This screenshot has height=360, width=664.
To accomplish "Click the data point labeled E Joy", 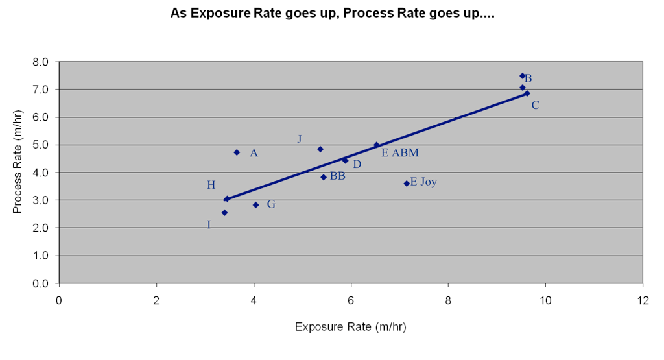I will click(x=407, y=184).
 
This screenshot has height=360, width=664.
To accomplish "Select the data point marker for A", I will click(x=237, y=152).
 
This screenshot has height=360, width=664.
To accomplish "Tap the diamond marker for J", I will click(x=320, y=149).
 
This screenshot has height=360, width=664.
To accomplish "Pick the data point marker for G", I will click(x=256, y=205).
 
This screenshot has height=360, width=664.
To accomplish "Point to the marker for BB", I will click(x=324, y=177).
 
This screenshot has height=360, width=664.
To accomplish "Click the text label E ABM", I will click(x=399, y=153).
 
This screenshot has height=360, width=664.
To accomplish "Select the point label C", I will click(x=535, y=105).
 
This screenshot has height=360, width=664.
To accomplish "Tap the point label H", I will click(x=211, y=186).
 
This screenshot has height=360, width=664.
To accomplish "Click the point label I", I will click(x=209, y=225).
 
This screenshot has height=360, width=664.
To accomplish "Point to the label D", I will click(x=357, y=165).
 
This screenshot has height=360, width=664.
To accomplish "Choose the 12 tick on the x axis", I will click(x=643, y=300).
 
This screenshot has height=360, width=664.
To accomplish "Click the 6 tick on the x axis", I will click(x=351, y=300).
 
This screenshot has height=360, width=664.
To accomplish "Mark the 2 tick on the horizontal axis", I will click(x=156, y=300).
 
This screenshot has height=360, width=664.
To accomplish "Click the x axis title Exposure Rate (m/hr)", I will click(x=351, y=326).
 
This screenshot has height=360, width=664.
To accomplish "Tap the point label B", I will click(x=528, y=78).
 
